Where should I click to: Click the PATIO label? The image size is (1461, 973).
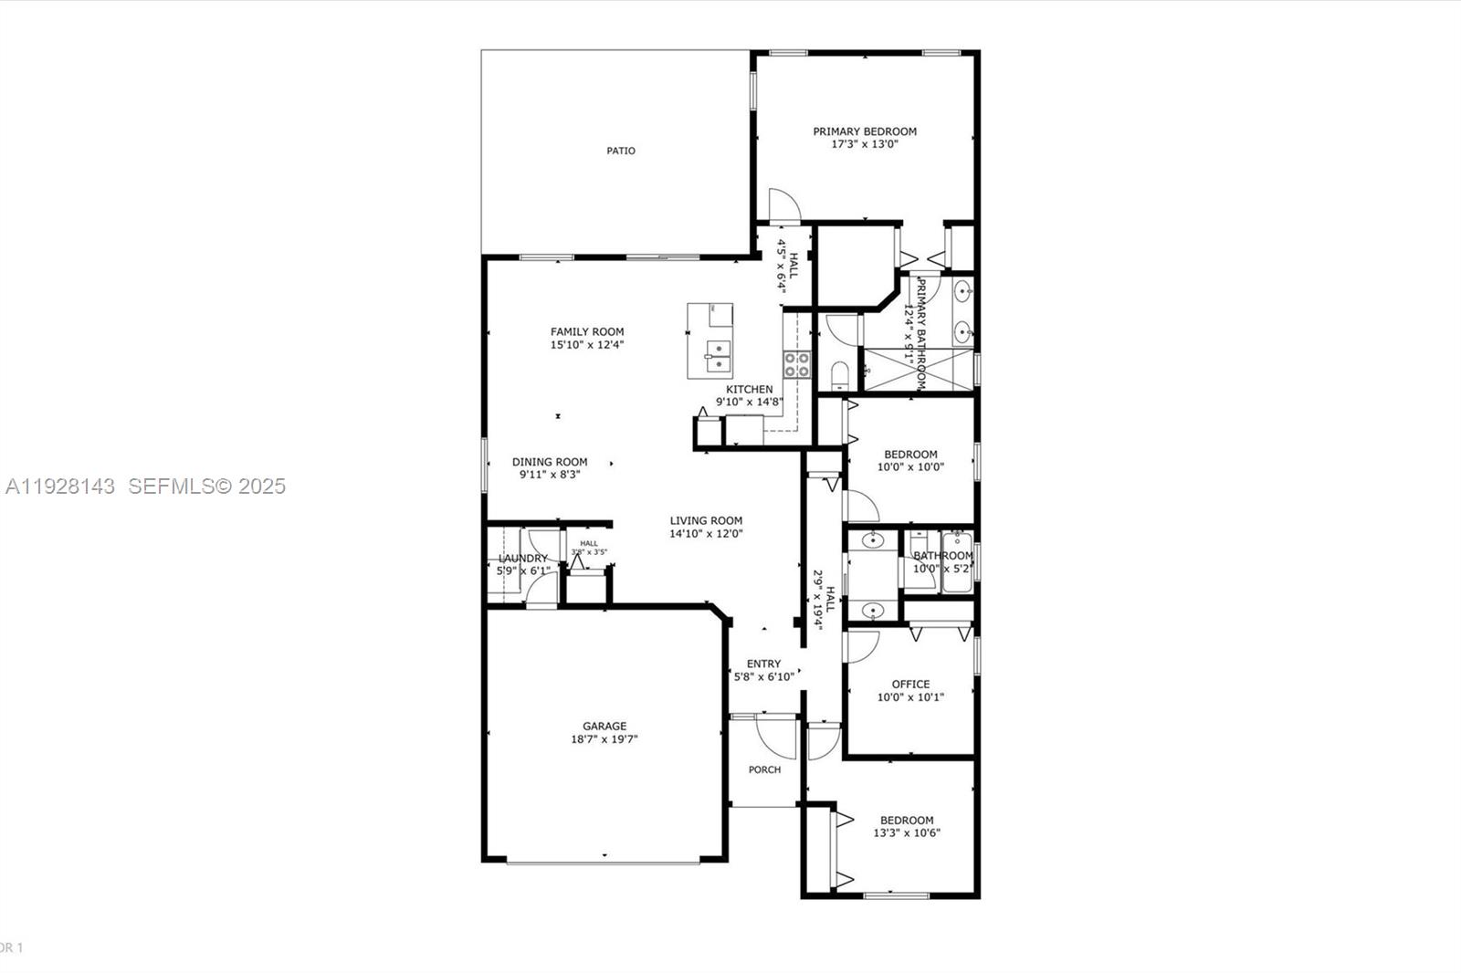tap(621, 151)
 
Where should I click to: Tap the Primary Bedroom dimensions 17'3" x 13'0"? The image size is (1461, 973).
tap(865, 144)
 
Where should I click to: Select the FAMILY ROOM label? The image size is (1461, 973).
tap(587, 332)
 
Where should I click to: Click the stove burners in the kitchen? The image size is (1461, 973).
tap(796, 365)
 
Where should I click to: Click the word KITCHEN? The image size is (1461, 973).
tap(750, 390)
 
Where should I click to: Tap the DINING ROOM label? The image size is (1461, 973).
tap(550, 462)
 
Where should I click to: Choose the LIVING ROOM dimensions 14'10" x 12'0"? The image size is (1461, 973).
tap(706, 534)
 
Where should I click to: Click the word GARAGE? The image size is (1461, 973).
tap(604, 727)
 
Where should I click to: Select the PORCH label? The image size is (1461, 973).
tap(764, 769)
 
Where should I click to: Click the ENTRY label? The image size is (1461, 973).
tap(763, 664)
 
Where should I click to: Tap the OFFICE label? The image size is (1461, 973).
tap(910, 684)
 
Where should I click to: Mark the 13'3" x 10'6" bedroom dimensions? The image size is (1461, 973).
tap(907, 832)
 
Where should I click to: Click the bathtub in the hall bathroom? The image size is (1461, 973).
tap(958, 561)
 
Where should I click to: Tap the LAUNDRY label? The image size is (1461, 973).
tap(523, 559)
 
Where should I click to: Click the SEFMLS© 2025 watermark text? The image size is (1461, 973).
tap(206, 486)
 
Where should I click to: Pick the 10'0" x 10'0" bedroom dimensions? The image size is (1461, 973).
tap(910, 467)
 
